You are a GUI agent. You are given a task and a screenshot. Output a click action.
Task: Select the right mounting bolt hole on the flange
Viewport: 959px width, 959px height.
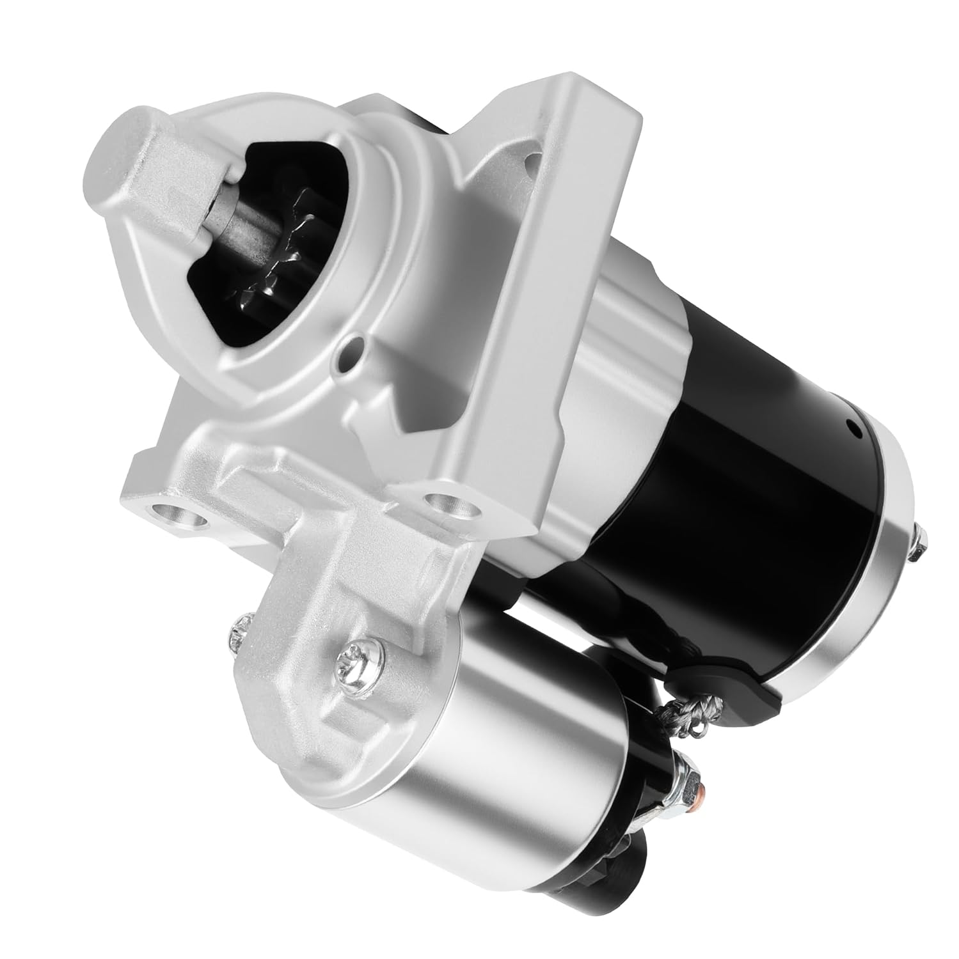click(454, 505)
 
